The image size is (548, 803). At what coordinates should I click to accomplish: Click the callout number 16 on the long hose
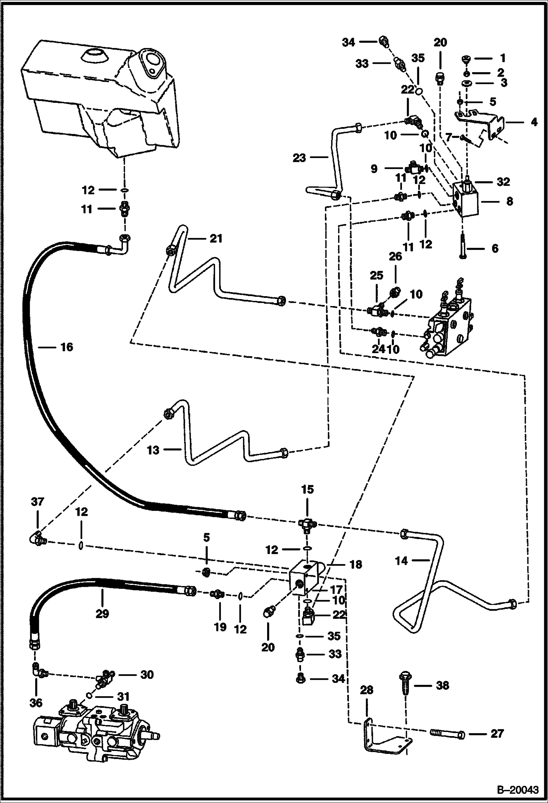coord(67,347)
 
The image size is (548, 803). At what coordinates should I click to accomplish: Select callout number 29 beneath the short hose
coord(102,613)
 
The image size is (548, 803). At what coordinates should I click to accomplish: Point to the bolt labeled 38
coord(406,683)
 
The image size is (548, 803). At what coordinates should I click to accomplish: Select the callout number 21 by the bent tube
coord(215,239)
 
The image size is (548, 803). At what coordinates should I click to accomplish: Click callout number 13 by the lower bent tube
coord(153,450)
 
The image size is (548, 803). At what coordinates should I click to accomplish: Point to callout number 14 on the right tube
coord(401,560)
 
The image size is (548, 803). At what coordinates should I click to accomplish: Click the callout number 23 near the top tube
coord(299,158)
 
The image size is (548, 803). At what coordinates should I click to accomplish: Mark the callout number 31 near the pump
coord(124,696)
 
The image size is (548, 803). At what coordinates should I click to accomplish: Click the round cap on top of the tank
coord(94,57)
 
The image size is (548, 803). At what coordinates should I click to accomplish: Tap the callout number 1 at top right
coord(503,58)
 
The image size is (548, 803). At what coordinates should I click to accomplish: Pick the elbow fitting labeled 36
coord(37,670)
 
